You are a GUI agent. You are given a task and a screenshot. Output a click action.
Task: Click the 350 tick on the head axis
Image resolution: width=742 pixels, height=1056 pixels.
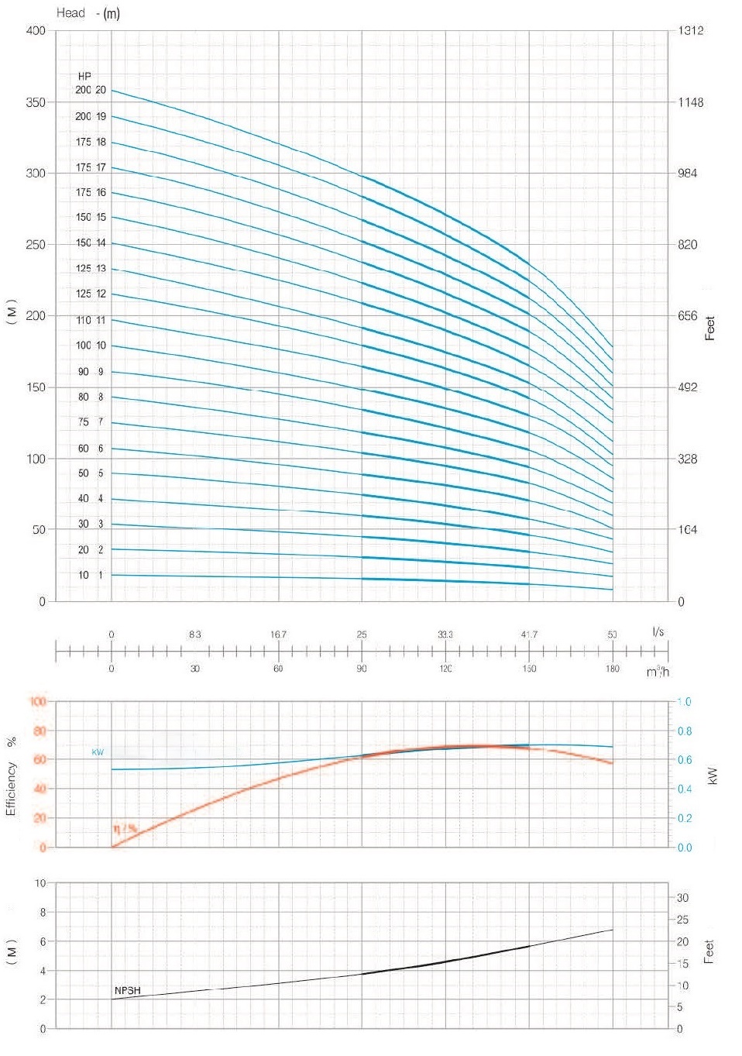36,102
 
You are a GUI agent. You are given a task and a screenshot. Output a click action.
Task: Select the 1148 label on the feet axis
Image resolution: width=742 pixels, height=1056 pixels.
690,102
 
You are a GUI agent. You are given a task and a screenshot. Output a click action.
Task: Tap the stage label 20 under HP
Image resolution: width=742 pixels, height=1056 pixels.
101,90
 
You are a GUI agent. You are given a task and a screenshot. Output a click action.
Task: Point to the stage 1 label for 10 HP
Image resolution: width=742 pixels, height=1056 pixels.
100,575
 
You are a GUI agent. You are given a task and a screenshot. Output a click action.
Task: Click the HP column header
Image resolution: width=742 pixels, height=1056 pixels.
84,76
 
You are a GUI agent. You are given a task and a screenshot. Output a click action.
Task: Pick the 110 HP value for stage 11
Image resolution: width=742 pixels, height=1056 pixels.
84,320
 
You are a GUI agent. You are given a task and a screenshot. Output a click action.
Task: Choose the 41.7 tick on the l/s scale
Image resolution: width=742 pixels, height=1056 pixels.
529,635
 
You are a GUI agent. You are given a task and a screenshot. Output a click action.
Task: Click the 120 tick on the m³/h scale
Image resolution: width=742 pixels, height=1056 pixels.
445,668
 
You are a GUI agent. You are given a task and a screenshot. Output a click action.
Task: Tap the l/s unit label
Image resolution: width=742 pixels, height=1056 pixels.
658,631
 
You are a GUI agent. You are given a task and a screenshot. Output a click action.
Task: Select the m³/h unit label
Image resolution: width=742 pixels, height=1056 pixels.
658,671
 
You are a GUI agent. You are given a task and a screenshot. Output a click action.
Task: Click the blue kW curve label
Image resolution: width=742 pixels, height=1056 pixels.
98,752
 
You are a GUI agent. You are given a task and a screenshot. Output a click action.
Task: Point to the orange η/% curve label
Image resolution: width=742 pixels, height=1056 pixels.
124,828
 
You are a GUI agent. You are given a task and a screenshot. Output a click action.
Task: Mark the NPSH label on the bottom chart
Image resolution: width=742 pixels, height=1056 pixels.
128,990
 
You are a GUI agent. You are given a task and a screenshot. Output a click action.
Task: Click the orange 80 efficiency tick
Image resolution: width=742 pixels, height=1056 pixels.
39,731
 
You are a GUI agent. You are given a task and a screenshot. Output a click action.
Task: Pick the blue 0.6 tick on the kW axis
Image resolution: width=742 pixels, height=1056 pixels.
685,760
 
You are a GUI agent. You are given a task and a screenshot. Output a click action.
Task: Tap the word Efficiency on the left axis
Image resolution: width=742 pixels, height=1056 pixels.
11,788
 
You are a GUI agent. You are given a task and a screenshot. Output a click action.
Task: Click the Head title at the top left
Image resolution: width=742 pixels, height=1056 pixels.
70,12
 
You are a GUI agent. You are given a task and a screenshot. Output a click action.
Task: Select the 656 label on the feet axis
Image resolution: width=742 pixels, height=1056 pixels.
688,316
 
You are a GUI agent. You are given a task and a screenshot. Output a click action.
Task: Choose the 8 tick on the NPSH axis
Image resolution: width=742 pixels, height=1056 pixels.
43,912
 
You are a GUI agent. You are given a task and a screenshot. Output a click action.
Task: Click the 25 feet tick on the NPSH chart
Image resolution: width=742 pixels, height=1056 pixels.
682,920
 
